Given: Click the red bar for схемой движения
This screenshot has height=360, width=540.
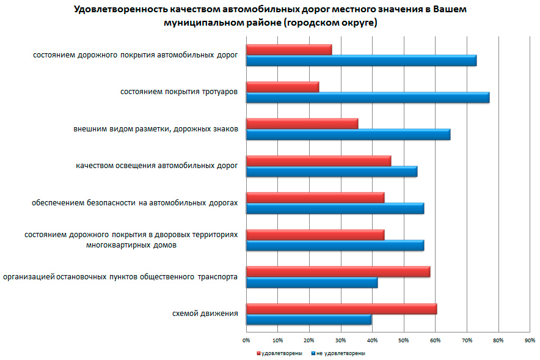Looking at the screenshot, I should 341,309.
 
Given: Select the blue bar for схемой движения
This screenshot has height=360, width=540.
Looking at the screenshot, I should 308,320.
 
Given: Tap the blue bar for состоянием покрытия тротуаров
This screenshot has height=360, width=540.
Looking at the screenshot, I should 367,98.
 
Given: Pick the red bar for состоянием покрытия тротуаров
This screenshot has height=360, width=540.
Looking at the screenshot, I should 282,87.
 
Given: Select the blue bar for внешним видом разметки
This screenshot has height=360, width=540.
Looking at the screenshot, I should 348,134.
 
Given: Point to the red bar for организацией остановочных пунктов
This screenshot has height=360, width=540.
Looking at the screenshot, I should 338,272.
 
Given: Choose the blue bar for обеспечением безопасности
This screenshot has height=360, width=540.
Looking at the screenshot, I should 335,208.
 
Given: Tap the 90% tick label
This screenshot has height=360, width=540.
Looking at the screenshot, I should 530,340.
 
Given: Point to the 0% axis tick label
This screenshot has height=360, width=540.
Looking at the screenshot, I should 246,340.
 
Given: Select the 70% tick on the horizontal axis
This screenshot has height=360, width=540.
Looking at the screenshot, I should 467,340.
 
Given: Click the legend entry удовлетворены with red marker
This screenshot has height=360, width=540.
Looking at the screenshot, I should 279,353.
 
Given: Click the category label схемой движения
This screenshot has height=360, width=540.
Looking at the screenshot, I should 205,314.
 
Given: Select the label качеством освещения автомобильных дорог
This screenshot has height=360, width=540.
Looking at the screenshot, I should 157,166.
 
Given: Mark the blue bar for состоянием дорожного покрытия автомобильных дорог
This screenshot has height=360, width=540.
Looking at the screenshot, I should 361,61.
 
